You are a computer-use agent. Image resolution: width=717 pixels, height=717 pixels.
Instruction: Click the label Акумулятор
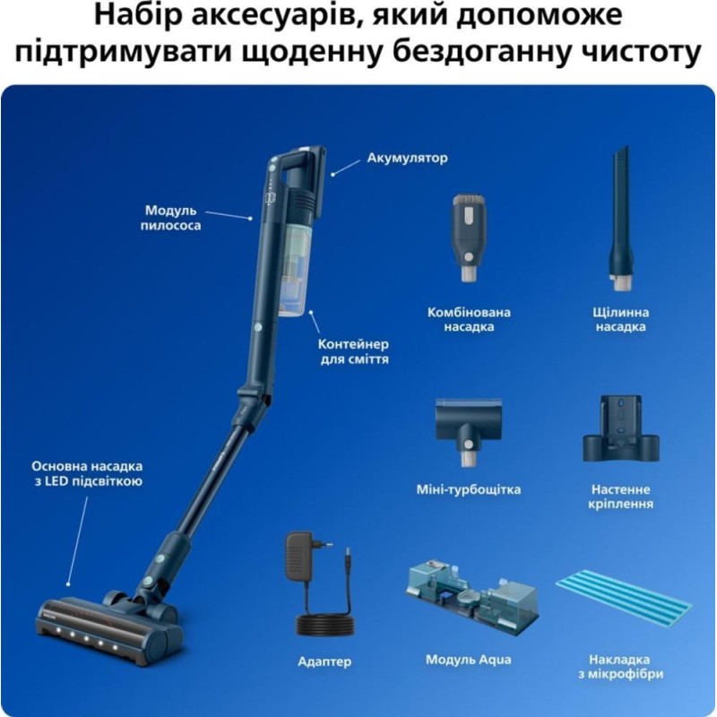coord(407,159)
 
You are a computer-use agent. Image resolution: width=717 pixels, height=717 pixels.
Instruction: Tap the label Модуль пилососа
coord(170,218)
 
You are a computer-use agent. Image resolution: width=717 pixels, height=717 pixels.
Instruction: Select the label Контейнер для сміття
coord(354,351)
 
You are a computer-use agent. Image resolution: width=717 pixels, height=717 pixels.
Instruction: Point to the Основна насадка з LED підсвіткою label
coord(87,473)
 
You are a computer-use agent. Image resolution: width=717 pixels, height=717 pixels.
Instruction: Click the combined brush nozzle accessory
coord(469,237)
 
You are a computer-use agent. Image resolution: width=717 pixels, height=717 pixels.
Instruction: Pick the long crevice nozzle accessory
coord(621,220)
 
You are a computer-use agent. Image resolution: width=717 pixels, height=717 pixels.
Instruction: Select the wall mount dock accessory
coord(620,429)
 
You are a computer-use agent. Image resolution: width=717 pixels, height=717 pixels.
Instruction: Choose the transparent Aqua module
coord(472,592)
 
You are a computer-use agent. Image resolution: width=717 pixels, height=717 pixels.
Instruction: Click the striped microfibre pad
coord(624,597)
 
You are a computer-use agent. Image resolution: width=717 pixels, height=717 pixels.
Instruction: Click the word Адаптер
coord(324,661)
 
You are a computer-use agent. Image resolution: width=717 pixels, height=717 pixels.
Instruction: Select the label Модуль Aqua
coord(468,660)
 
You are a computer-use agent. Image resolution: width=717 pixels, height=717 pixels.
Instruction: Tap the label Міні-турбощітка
coord(468,489)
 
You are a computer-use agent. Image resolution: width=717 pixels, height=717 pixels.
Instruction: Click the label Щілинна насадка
coord(620,320)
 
